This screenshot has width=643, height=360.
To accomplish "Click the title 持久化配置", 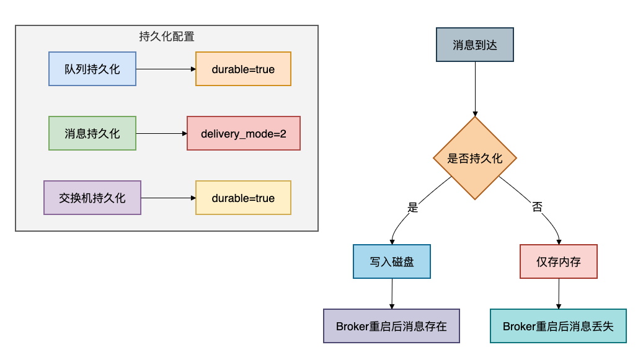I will [167, 36].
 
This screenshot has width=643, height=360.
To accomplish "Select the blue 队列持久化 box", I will [92, 69].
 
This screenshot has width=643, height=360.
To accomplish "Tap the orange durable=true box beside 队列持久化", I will [243, 69].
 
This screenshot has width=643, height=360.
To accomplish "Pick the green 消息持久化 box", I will [92, 133].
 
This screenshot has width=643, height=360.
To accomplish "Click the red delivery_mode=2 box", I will [243, 133].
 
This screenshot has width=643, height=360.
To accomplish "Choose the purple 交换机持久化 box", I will [92, 198].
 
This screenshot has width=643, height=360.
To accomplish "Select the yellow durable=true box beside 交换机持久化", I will [243, 198].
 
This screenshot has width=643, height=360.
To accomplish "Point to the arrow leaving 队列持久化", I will [166, 69].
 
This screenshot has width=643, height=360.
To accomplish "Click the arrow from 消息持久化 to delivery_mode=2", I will [161, 133].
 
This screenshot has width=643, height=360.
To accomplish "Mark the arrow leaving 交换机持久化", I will [168, 198].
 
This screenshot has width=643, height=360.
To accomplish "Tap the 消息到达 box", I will [475, 45].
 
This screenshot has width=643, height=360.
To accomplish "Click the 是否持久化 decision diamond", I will [475, 158].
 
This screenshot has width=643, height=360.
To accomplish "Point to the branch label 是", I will [413, 208].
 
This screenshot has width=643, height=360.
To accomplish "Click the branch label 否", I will [537, 208].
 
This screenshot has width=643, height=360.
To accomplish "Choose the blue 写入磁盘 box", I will [392, 261].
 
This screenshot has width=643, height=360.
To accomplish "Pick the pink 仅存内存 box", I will [559, 261].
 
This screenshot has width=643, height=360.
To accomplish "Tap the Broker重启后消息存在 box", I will [391, 326].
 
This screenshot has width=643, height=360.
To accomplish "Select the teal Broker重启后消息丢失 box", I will [558, 326].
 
